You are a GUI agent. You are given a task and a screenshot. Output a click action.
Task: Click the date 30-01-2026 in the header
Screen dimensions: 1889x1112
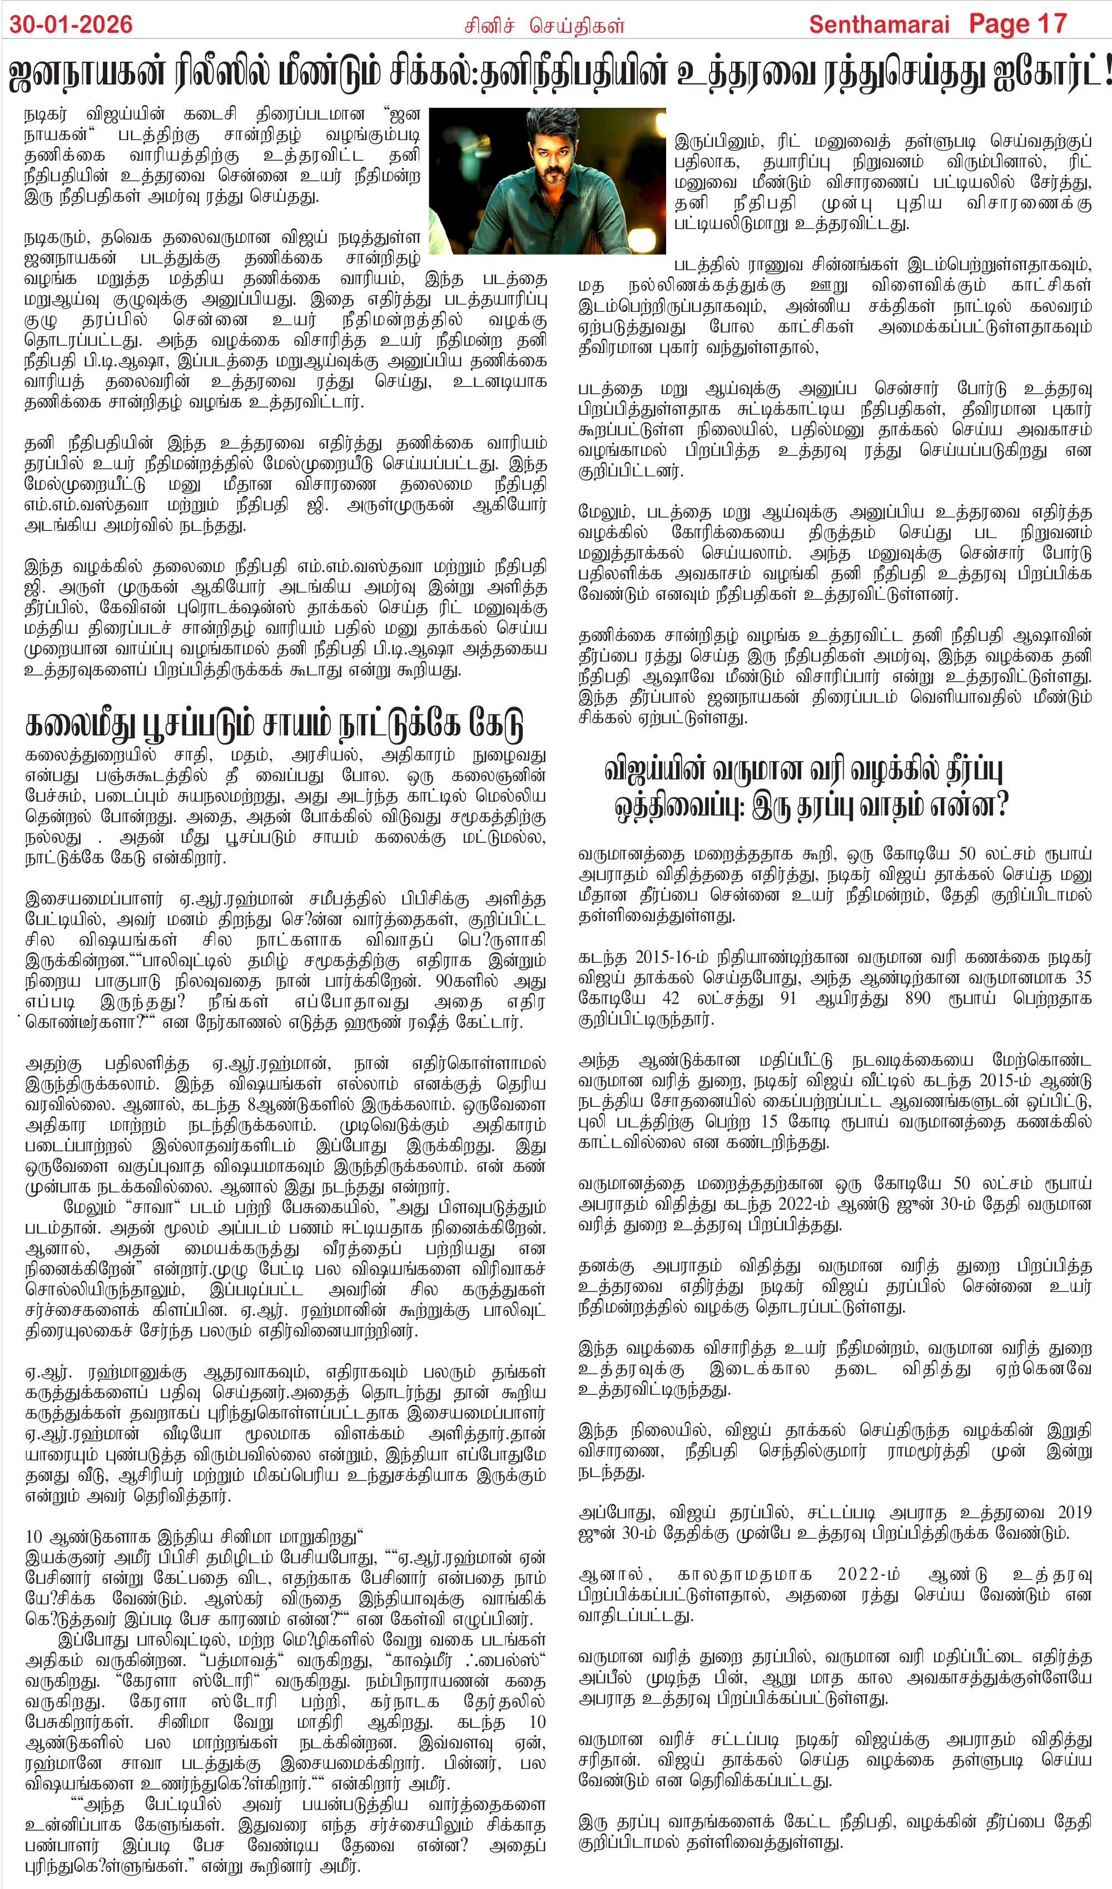[71, 24]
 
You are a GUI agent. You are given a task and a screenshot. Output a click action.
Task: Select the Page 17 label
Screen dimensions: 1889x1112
[1017, 24]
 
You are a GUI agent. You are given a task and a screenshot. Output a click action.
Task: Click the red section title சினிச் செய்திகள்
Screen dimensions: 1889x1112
[544, 26]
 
